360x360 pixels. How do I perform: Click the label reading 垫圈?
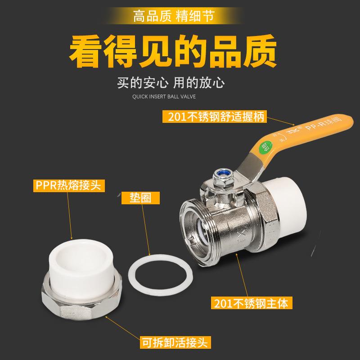pos(138,198)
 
